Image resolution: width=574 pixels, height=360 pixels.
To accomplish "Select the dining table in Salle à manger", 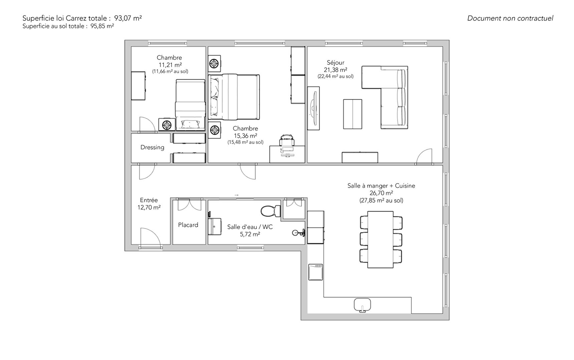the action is pos(380,239).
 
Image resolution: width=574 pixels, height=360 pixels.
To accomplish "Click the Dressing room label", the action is pos(152,147).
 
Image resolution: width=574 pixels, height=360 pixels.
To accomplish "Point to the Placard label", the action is pos(188,225).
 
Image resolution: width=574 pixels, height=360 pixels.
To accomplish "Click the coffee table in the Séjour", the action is pos(353,114).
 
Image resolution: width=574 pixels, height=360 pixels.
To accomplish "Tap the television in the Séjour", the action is pos(313,108).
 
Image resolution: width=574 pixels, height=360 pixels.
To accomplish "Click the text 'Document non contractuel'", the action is pos(510,18).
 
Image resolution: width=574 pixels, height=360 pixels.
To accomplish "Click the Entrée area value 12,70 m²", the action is pos(149,208).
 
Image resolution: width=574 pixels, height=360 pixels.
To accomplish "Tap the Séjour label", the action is pos(335,62).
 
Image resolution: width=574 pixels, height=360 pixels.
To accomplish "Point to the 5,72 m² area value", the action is pos(250,234).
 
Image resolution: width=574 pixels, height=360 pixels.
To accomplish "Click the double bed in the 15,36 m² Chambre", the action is pos(234,97).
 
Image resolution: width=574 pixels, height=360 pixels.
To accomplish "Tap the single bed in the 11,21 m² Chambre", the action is pos(190,104).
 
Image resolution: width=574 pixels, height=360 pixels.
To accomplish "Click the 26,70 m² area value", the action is pos(381,193).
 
